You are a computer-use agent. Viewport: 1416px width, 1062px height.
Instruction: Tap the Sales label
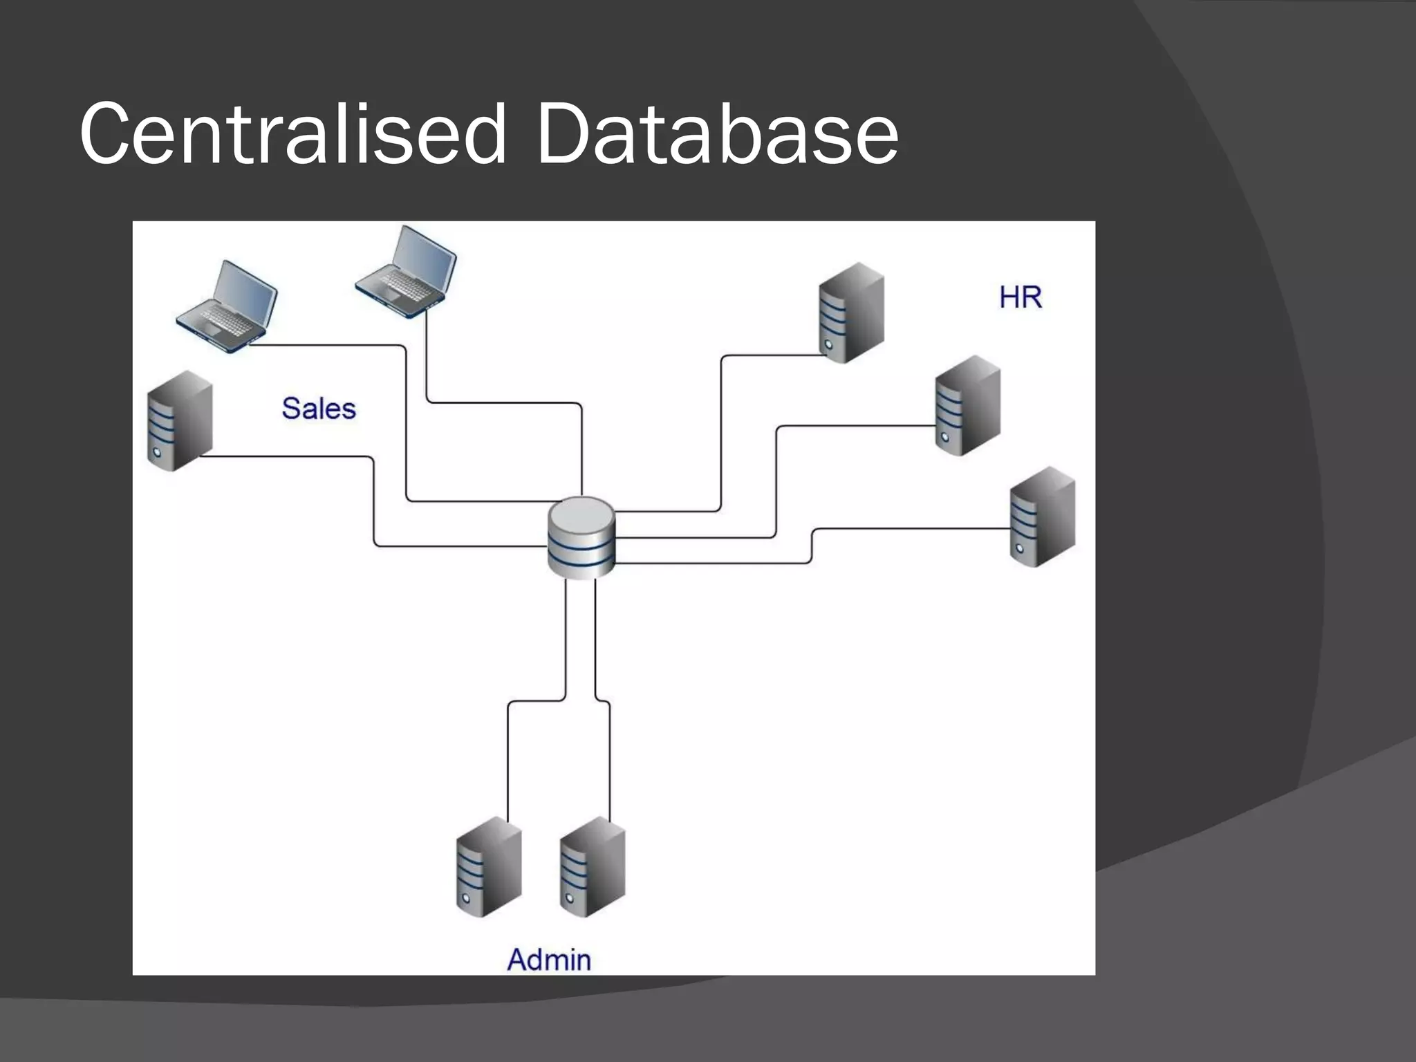click(x=319, y=409)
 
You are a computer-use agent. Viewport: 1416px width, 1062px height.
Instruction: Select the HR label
click(x=1020, y=297)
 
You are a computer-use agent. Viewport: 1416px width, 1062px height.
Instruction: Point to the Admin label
click(x=549, y=960)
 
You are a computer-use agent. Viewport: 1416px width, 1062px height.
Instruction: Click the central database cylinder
click(x=581, y=538)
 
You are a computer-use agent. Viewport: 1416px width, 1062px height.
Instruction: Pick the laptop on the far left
click(x=227, y=307)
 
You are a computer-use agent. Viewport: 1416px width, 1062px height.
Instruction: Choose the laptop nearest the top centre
click(x=407, y=272)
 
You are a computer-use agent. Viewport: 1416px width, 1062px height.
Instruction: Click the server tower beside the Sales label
click(x=180, y=421)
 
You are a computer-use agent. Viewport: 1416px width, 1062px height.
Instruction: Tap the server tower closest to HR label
click(x=851, y=313)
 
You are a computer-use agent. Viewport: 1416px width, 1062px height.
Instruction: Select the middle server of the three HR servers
click(x=967, y=405)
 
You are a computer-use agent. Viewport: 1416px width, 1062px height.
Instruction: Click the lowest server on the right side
click(x=1042, y=516)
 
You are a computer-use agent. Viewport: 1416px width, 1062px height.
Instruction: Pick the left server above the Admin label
click(x=489, y=866)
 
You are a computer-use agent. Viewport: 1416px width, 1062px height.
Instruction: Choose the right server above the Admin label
click(x=592, y=866)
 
